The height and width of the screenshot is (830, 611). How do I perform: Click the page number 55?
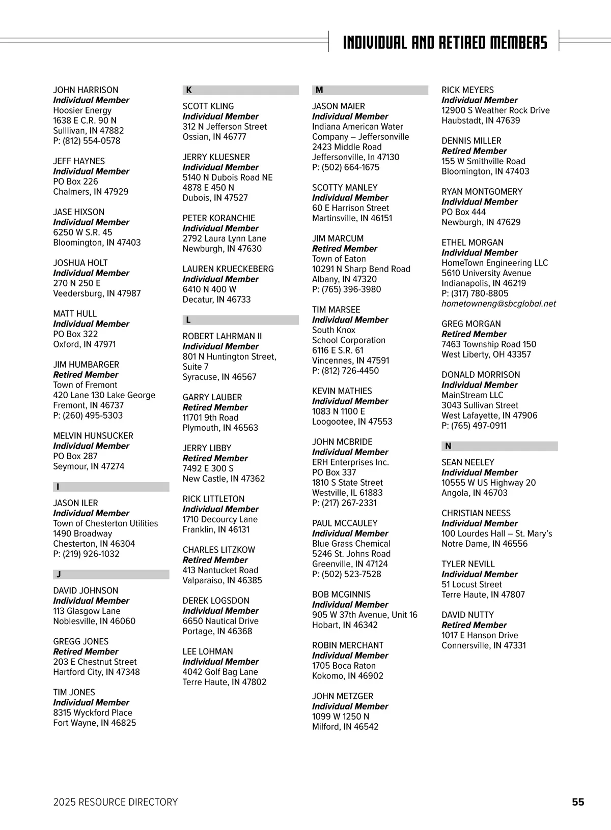coord(578,802)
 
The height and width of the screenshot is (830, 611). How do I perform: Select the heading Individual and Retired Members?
coord(445,42)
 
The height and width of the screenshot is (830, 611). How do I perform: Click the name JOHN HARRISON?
coord(86,90)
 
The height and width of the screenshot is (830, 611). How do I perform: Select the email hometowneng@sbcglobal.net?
coord(498,304)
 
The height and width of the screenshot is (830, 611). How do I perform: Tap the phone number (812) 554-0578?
coord(87,141)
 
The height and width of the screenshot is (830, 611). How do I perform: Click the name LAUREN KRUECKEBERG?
coord(228,269)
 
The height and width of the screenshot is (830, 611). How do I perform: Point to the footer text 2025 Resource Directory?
coord(116,802)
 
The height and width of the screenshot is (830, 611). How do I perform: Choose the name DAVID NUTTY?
coord(467,615)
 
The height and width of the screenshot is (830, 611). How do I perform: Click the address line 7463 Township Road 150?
coord(489,344)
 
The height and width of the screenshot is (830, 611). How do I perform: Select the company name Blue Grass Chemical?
coord(351,544)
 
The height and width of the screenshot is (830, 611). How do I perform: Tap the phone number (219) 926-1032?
coord(87,554)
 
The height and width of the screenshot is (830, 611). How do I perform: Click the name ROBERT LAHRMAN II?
coord(222,336)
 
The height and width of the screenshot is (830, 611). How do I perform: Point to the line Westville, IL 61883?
coord(347,493)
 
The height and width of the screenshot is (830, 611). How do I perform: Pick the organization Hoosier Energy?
coord(82,110)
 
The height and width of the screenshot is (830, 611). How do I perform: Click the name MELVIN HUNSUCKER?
coord(93,436)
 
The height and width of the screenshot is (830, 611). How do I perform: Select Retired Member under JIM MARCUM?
coord(345,249)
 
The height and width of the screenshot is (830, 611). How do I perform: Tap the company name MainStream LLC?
coord(472,395)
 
